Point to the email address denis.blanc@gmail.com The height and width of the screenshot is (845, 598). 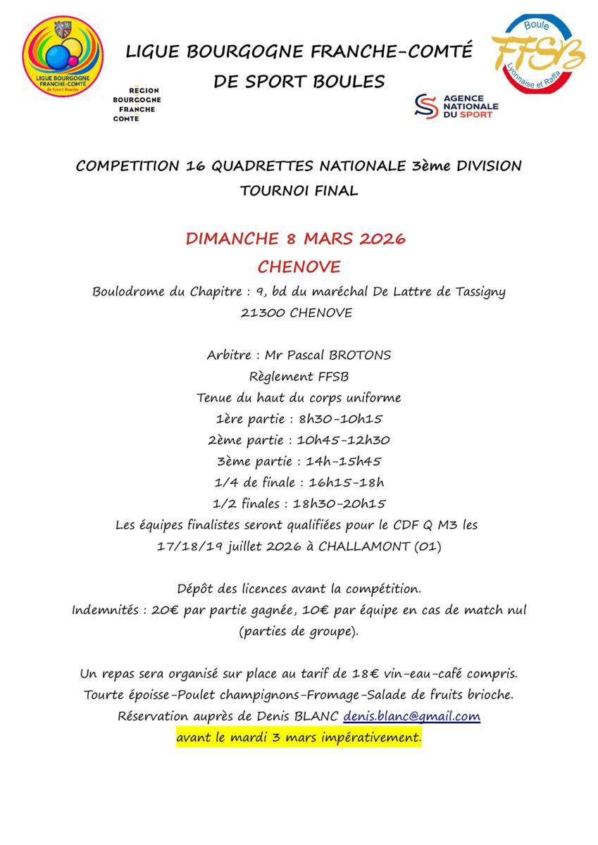(412, 717)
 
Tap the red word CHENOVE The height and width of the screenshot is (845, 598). (299, 266)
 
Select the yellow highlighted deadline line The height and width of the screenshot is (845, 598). (299, 739)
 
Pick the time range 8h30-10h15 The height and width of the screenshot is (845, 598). (341, 419)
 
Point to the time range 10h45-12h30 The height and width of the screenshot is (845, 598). (347, 440)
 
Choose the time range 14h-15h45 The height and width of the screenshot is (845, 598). (344, 461)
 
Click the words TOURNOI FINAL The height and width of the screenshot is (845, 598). (299, 190)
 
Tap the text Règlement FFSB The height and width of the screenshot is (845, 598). (299, 376)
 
